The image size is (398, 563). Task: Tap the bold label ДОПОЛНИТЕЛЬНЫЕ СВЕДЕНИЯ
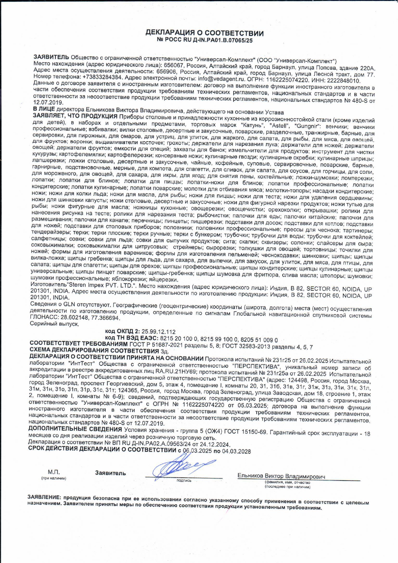[x=75, y=429]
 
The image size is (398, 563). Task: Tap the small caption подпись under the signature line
[x=184, y=481]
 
